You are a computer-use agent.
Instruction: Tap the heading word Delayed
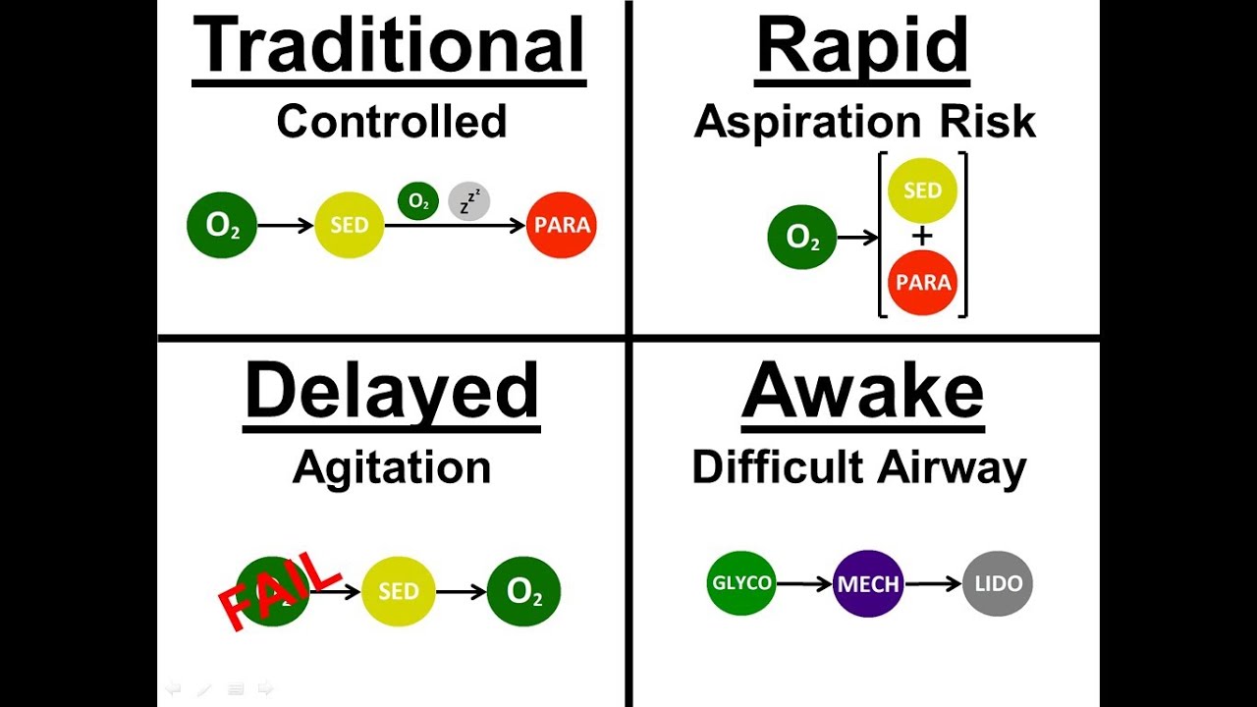392,391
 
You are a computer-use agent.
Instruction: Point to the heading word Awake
862,391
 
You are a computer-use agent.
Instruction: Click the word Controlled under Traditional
391,122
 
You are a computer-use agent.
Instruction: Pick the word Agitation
391,467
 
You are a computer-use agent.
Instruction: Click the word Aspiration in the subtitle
793,122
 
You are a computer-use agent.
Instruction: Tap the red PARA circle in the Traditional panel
562,225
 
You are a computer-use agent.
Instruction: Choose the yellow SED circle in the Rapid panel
922,190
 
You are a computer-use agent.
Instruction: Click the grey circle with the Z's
468,201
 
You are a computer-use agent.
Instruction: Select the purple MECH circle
868,584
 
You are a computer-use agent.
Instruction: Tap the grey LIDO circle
998,583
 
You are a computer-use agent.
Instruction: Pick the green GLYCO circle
741,583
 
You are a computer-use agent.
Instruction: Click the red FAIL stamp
278,588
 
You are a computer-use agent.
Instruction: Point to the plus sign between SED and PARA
922,237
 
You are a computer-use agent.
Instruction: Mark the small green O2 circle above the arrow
418,201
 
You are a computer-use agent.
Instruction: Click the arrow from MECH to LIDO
933,584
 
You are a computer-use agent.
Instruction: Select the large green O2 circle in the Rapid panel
802,237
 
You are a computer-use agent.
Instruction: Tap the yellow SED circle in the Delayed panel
398,591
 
